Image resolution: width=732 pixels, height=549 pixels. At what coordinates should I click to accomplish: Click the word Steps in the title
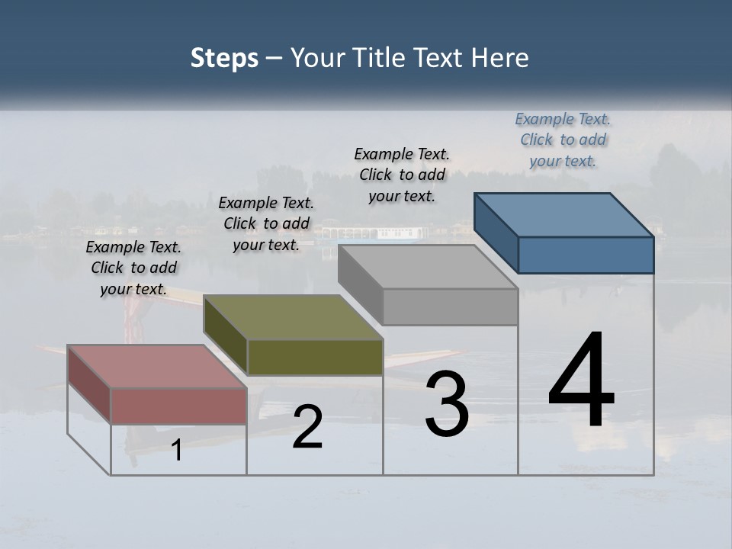tap(224, 58)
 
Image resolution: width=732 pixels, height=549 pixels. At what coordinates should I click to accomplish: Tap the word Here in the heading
tap(500, 58)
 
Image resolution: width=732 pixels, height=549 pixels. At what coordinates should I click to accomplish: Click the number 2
tap(307, 427)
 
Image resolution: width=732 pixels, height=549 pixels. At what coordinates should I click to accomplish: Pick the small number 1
tap(177, 450)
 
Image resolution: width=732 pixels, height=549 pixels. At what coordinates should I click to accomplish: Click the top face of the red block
tap(156, 367)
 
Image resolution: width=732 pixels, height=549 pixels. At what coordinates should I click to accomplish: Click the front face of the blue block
tap(586, 255)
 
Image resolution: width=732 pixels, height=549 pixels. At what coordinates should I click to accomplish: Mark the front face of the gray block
tap(450, 307)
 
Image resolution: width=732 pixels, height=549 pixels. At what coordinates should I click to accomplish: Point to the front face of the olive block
tap(315, 357)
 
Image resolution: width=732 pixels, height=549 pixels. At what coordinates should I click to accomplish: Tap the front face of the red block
tap(178, 406)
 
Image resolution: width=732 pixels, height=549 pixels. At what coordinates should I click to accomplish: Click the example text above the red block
tap(133, 268)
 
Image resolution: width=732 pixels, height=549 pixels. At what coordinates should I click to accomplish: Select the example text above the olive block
tap(266, 223)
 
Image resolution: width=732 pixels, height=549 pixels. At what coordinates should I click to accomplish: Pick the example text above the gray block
tap(401, 175)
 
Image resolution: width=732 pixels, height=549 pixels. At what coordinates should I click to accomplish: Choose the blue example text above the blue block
tap(563, 140)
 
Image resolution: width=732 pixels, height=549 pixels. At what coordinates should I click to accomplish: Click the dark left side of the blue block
tap(496, 233)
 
